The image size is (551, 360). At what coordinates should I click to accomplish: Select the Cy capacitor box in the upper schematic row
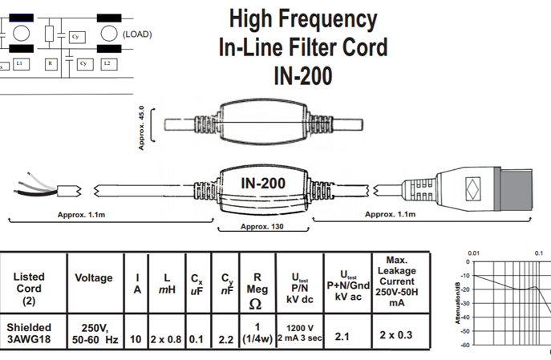pyautogui.click(x=76, y=37)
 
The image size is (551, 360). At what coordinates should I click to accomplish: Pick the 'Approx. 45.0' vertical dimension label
pyautogui.click(x=142, y=127)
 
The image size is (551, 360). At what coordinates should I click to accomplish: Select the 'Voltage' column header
pyautogui.click(x=94, y=277)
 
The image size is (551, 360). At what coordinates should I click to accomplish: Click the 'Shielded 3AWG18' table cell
pyautogui.click(x=30, y=333)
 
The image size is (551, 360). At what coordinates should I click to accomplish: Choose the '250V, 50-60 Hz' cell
pyautogui.click(x=94, y=334)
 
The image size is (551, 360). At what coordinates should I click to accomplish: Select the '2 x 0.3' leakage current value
pyautogui.click(x=395, y=334)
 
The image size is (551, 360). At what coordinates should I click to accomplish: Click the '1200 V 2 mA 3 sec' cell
pyautogui.click(x=298, y=334)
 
